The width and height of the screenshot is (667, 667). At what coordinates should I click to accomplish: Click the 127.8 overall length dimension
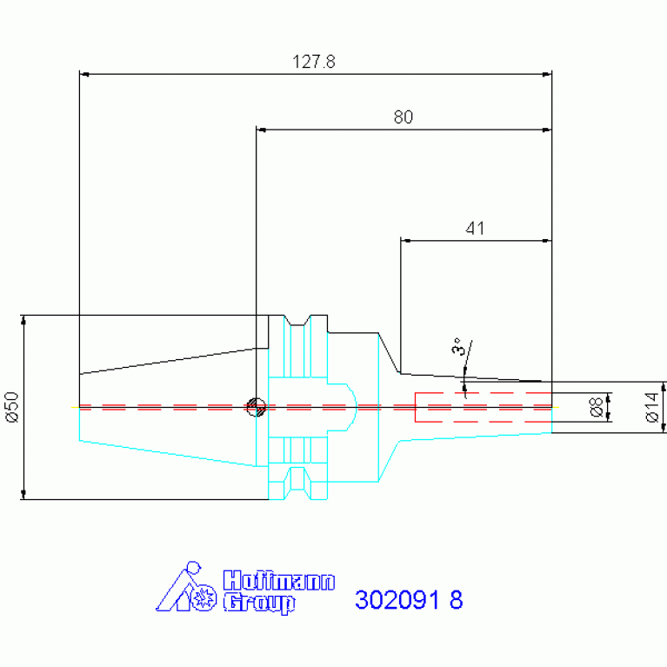314,62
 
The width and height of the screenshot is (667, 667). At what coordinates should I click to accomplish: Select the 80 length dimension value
404,117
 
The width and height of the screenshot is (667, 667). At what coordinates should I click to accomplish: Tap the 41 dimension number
475,229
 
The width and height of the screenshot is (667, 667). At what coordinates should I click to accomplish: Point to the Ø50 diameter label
13,407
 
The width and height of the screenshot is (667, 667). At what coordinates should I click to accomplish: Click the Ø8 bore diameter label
596,407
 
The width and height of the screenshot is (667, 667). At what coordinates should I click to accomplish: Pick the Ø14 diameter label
651,407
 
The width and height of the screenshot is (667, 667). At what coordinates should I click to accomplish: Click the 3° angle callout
457,346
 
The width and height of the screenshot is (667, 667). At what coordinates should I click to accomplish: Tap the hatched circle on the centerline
257,407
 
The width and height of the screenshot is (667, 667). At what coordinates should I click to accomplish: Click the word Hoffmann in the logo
279,581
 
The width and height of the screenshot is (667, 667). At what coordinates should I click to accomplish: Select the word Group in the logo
259,603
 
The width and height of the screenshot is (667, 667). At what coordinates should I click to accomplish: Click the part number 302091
397,600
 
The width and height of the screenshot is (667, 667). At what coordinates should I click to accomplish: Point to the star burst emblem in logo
203,598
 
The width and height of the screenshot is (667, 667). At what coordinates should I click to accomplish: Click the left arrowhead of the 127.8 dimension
84,75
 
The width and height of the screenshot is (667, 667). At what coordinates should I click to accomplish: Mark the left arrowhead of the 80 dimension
261,130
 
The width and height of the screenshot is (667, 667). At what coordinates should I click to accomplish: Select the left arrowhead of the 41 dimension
405,241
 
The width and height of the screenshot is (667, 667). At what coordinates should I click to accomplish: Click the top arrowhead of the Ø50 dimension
23,320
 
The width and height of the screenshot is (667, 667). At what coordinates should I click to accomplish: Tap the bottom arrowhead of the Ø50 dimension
23,494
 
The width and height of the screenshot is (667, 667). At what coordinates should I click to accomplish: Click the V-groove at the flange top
297,320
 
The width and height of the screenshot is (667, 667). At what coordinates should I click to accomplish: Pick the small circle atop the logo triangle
194,568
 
